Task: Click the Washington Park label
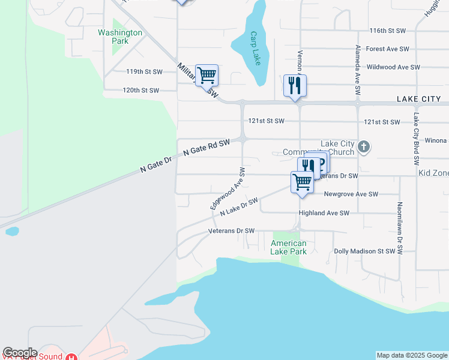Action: tap(120, 37)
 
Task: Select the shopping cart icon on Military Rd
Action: tap(206, 76)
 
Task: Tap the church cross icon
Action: tap(363, 146)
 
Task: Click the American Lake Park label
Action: tap(289, 247)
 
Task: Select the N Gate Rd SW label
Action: tap(206, 148)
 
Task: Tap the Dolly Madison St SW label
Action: tap(364, 251)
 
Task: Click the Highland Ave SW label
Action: tap(324, 213)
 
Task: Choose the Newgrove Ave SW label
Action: tap(351, 194)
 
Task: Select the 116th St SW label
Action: tap(389, 30)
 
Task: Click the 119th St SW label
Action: tap(144, 71)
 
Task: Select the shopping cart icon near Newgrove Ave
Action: tap(302, 181)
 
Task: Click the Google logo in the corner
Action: tap(20, 353)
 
